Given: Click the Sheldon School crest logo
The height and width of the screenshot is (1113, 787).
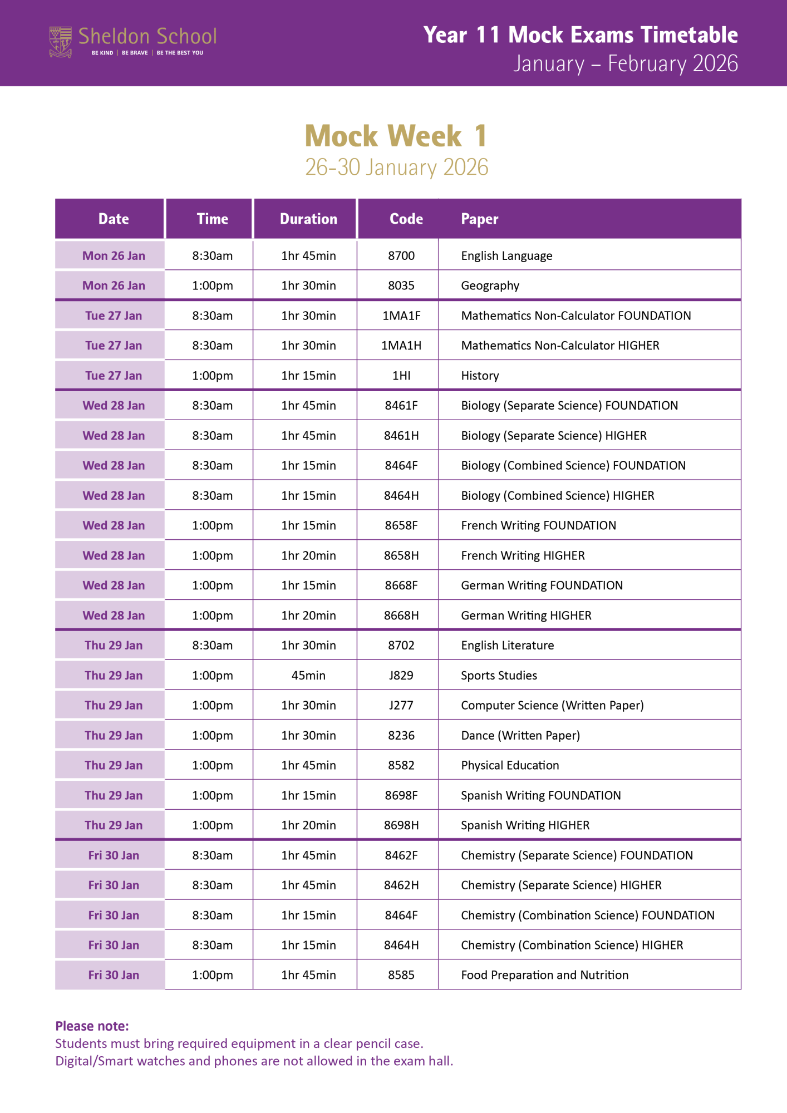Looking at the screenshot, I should click(x=61, y=42).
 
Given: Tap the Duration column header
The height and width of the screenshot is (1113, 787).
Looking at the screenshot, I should click(x=308, y=219).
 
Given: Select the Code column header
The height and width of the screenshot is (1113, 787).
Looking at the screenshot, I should click(x=406, y=219).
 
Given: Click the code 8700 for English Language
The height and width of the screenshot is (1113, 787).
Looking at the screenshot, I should click(x=401, y=256).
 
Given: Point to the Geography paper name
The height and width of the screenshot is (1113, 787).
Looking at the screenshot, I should click(x=490, y=286).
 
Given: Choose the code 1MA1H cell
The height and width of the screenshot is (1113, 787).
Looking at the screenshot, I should click(x=401, y=346).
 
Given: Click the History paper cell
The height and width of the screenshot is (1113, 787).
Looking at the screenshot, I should click(x=480, y=376).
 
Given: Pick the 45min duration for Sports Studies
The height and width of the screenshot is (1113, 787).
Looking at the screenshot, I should click(x=308, y=676).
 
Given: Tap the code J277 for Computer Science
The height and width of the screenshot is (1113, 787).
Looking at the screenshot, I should click(x=401, y=706).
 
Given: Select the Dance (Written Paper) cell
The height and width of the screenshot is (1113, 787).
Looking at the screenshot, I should click(x=520, y=736).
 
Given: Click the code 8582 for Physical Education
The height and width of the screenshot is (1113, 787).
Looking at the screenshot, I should click(x=401, y=766).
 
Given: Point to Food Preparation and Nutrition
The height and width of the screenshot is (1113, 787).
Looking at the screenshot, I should click(x=544, y=976).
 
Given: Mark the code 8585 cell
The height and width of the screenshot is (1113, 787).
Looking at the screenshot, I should click(x=401, y=976).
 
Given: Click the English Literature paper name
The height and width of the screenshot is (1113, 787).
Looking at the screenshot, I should click(x=507, y=646).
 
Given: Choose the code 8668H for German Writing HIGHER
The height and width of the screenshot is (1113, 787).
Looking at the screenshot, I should click(x=401, y=615).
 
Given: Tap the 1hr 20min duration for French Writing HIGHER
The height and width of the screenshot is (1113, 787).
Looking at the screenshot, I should click(x=308, y=556).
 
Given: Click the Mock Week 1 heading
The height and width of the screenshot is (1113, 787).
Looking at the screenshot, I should click(x=396, y=136).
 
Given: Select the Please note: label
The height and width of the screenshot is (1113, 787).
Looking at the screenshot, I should click(x=92, y=1026).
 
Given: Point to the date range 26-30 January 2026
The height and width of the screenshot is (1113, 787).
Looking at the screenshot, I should click(x=396, y=168).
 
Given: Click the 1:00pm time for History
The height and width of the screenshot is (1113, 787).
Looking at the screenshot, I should click(x=212, y=376).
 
